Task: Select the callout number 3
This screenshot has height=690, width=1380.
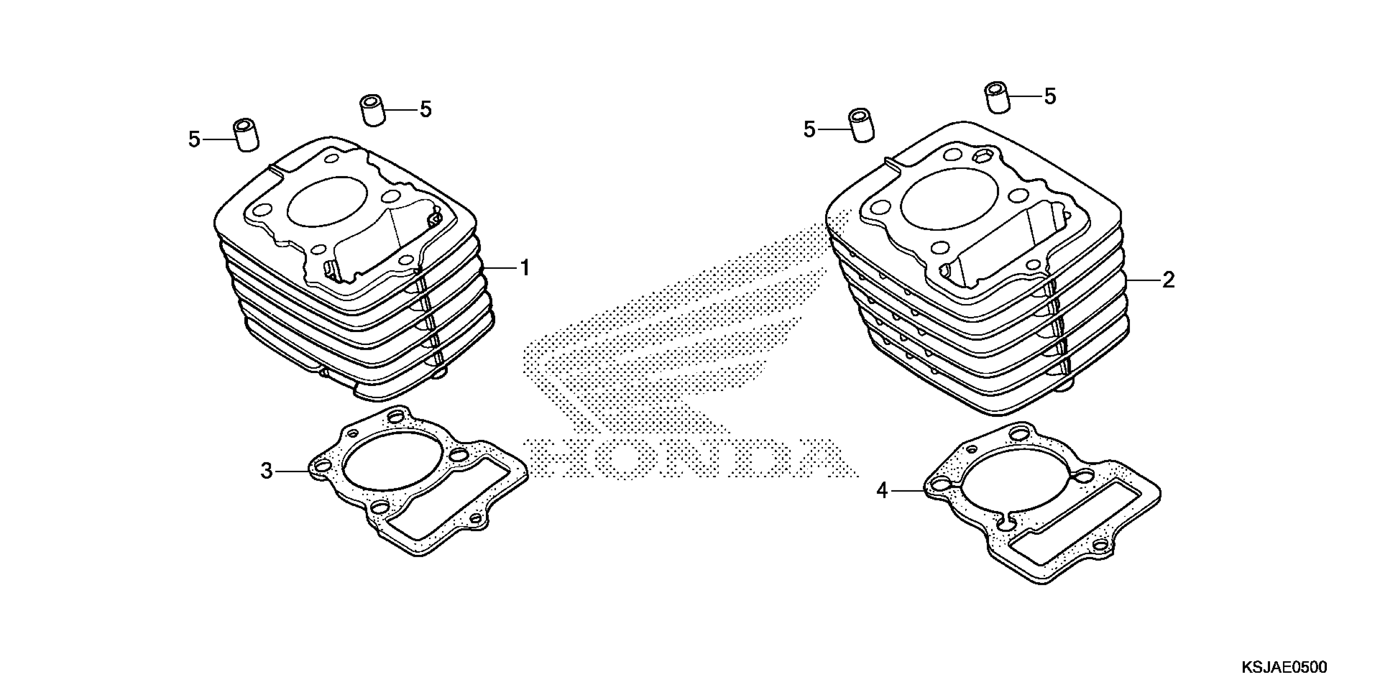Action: [266, 471]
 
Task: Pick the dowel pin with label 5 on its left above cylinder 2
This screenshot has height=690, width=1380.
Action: [861, 126]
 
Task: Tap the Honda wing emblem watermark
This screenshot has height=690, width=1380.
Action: [680, 332]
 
